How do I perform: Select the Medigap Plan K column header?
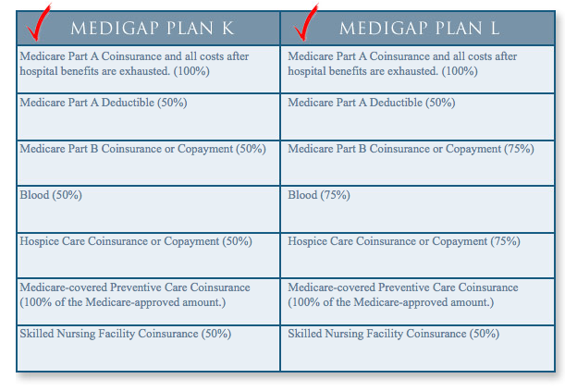pos(148,28)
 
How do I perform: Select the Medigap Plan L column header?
pos(417,28)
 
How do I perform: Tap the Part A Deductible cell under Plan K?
pos(148,116)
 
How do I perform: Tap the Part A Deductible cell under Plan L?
pos(417,116)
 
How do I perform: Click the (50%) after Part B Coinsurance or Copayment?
pos(251,149)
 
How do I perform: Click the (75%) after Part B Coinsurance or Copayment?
pos(519,149)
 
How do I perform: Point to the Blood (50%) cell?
pos(148,209)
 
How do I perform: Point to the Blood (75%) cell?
pos(417,209)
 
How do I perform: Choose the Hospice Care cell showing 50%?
pos(148,255)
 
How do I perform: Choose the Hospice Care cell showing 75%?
pos(417,255)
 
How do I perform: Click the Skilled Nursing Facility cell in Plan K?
pos(148,348)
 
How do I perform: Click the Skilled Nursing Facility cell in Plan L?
pos(417,348)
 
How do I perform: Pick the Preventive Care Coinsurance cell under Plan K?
pos(148,301)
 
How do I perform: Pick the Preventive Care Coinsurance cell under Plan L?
pos(417,301)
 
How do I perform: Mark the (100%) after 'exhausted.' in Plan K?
pos(191,71)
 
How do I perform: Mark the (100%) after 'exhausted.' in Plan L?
pos(460,71)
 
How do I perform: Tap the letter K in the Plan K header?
pos(228,29)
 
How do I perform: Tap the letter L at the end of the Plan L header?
pos(496,29)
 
